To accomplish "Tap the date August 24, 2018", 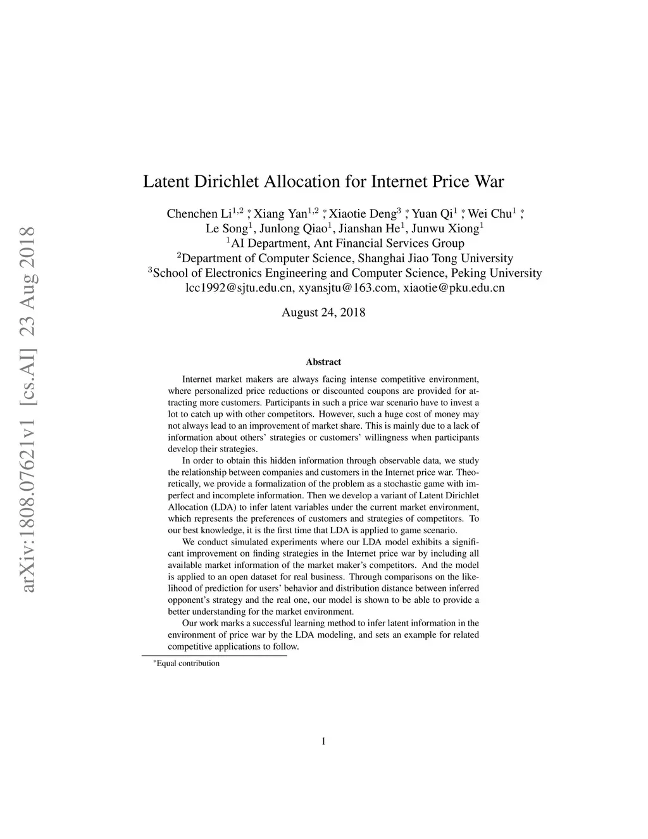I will coord(323,312).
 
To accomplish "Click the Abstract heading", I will coord(323,362).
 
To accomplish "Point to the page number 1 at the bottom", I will coord(323,741).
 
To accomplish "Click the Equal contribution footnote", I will coord(188,664).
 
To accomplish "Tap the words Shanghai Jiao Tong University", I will coord(435,258).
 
